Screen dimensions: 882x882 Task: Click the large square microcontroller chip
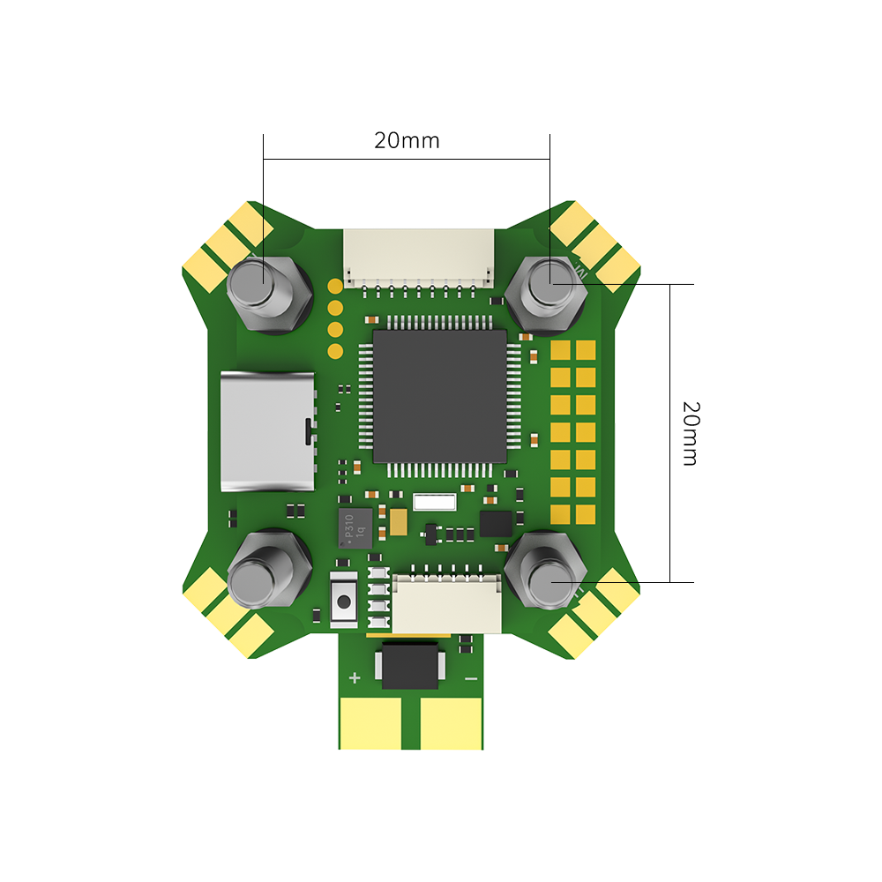click(439, 397)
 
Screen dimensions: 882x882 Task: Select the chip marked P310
click(355, 527)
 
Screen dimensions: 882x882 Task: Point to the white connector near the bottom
click(446, 603)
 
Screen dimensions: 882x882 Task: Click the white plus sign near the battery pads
click(355, 677)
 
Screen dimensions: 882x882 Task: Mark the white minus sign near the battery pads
click(471, 678)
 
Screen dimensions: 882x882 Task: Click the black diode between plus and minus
click(413, 667)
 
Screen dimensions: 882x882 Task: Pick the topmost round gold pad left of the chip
click(335, 286)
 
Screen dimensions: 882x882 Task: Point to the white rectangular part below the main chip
click(433, 502)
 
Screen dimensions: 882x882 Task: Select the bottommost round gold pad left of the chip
click(335, 351)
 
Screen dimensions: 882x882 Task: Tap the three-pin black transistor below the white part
click(430, 533)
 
